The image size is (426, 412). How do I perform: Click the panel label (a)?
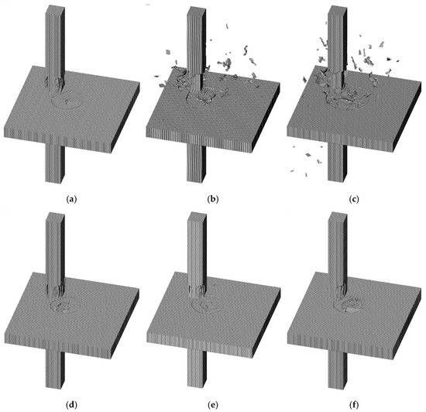(72, 199)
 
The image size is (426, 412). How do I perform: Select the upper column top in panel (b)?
(195, 9)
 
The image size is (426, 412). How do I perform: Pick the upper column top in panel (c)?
(338, 9)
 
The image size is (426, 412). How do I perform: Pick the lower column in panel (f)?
(338, 370)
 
